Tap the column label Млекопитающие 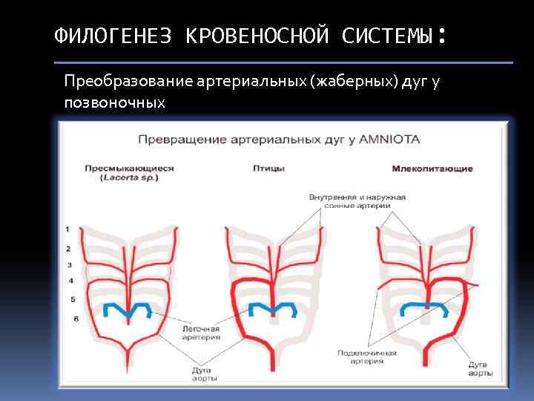[432, 169]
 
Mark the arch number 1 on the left [67, 229]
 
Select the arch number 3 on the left [69, 264]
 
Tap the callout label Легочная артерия [201, 331]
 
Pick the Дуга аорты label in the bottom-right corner [480, 369]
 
